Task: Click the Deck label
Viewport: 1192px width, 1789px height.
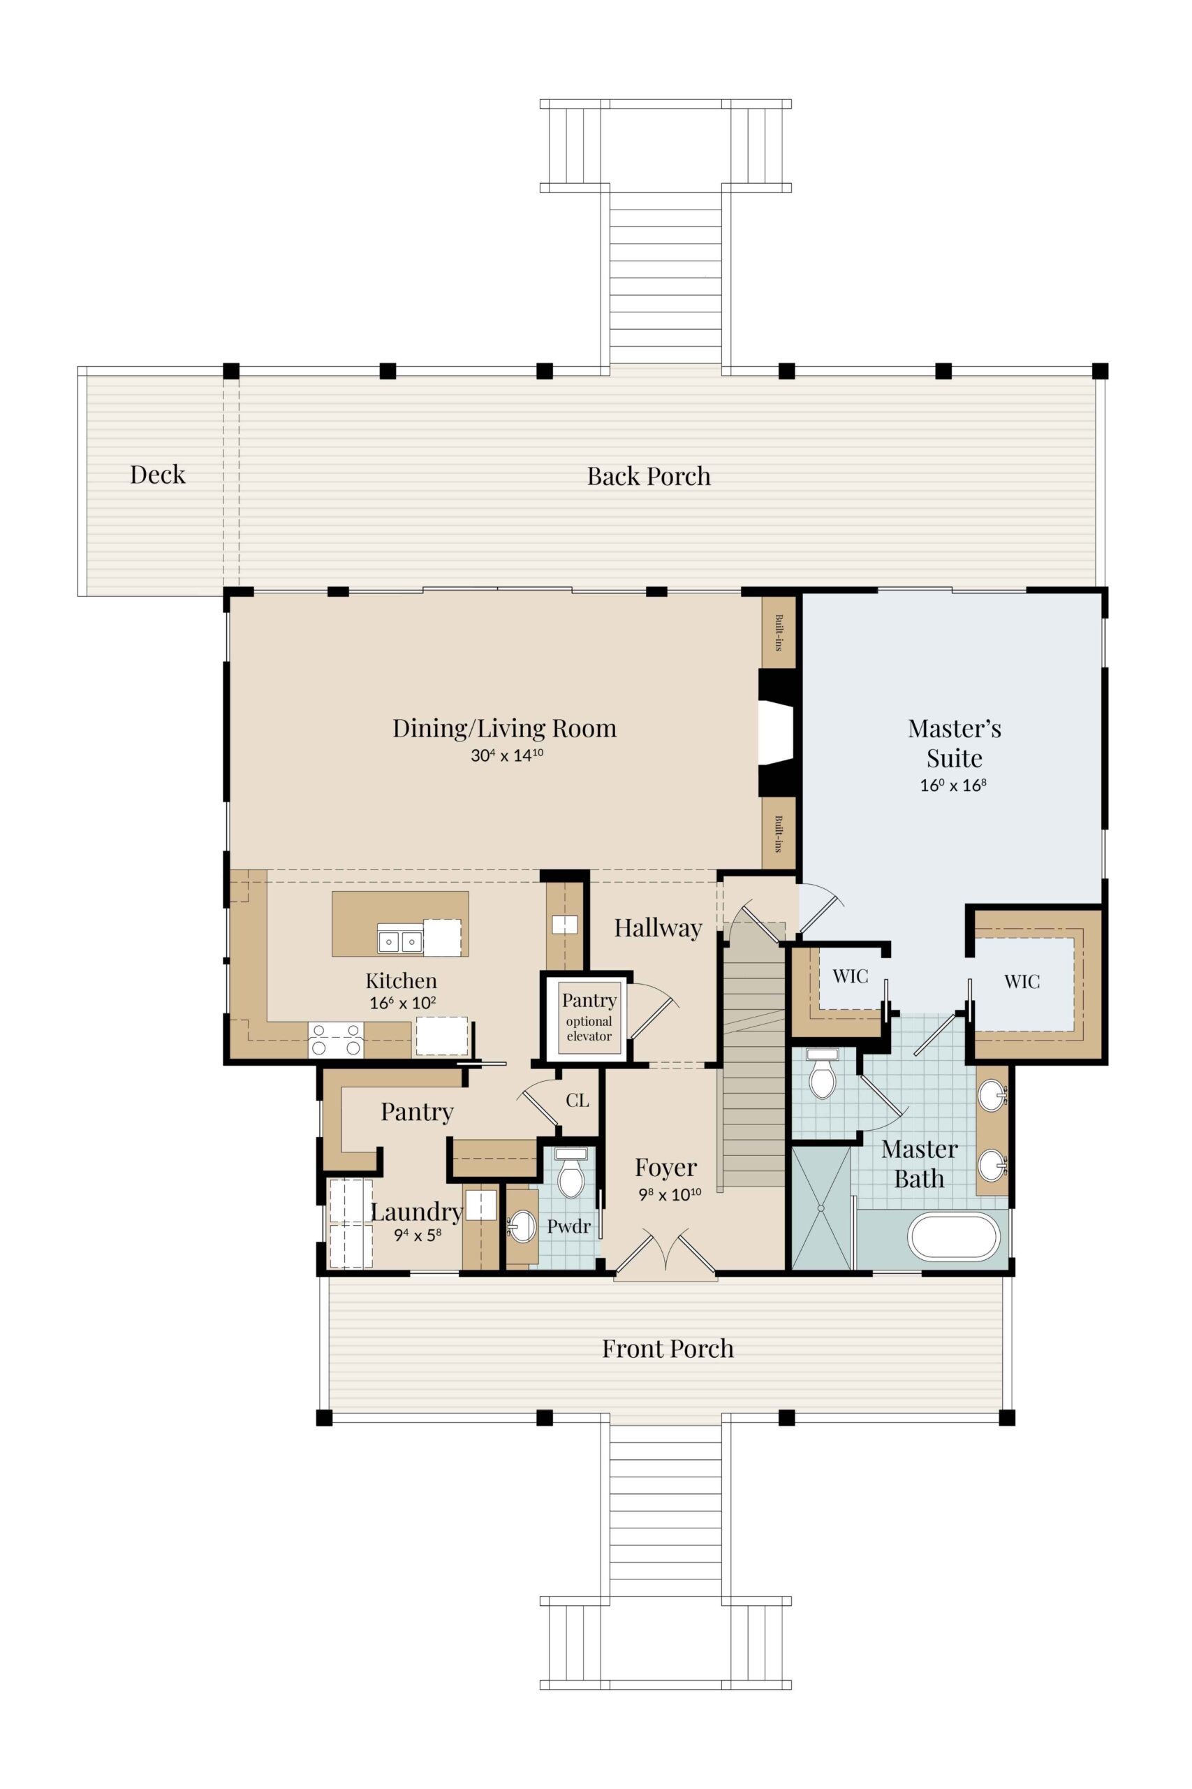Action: (x=157, y=475)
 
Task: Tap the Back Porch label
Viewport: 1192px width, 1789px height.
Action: (x=649, y=476)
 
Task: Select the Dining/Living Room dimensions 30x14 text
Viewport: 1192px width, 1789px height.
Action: (x=507, y=755)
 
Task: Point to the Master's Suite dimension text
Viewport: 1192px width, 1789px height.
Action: (x=953, y=785)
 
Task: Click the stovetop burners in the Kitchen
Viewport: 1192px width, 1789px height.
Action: (x=336, y=1040)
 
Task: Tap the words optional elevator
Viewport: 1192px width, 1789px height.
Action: (x=589, y=1029)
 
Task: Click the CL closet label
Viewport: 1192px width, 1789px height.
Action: (x=577, y=1100)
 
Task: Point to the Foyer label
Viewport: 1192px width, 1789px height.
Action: (x=666, y=1167)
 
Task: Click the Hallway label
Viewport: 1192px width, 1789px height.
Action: (x=658, y=927)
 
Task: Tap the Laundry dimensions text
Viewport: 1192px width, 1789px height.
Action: (x=418, y=1235)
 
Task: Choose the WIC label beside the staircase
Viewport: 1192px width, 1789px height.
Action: (x=850, y=976)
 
